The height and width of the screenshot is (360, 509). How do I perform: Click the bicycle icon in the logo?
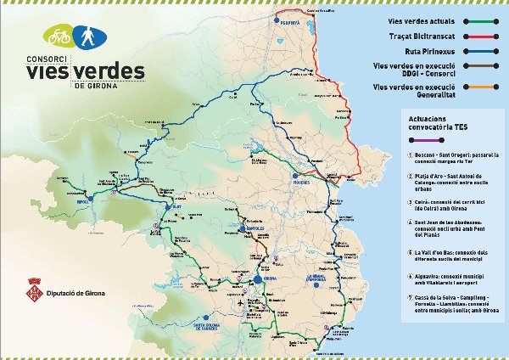tap(59, 37)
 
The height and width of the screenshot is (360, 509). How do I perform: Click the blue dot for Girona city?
tap(257, 278)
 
